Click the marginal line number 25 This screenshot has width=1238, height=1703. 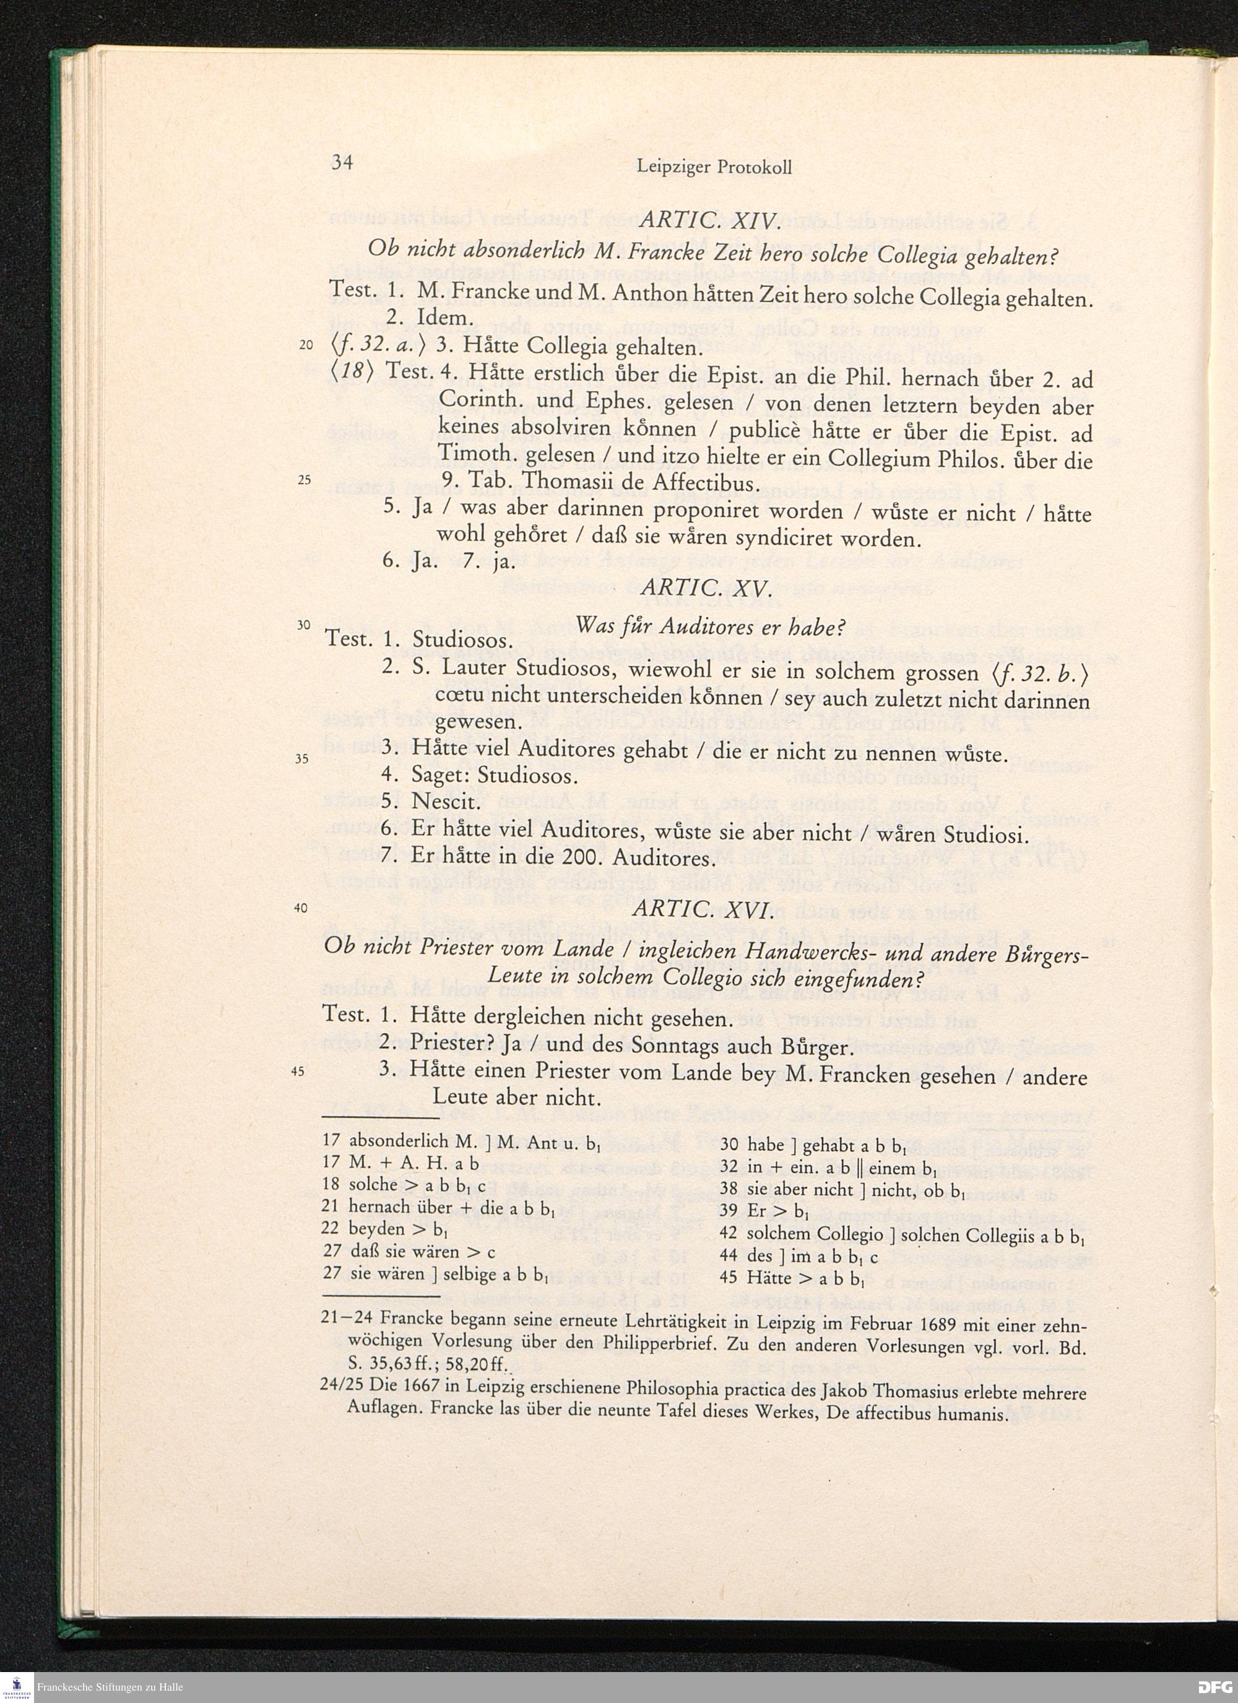[x=304, y=482]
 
